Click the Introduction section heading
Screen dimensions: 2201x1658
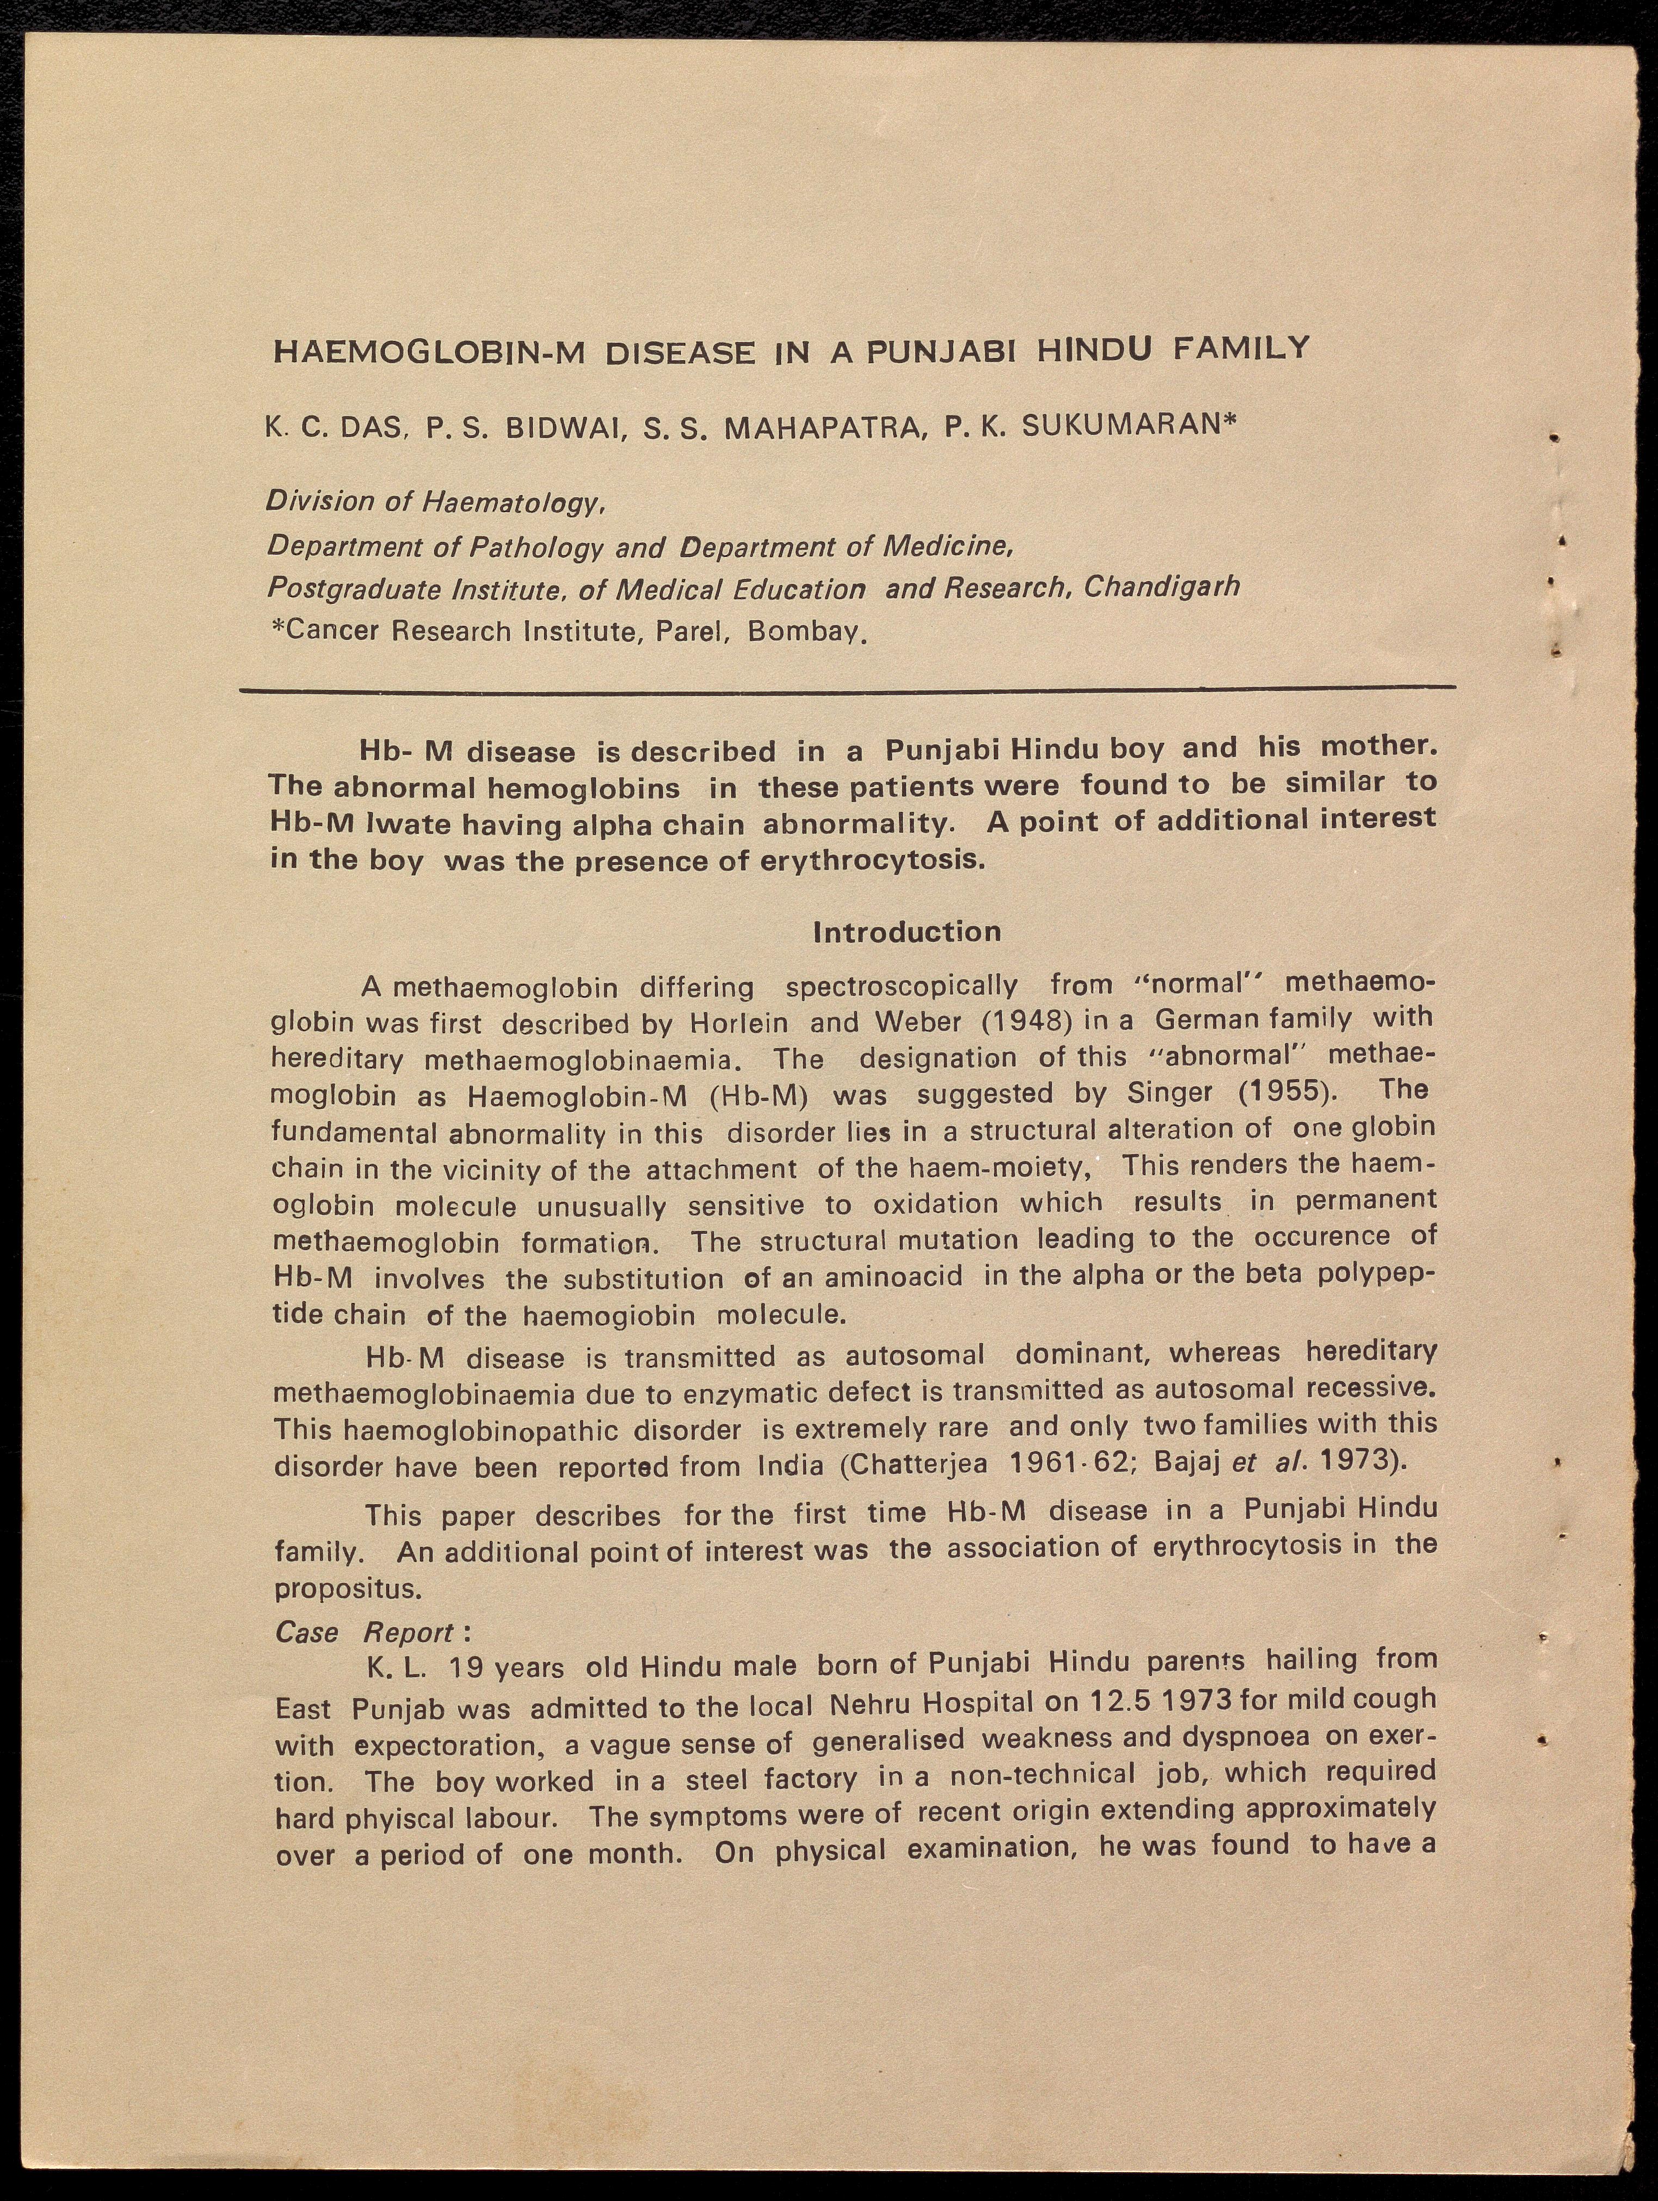point(907,932)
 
